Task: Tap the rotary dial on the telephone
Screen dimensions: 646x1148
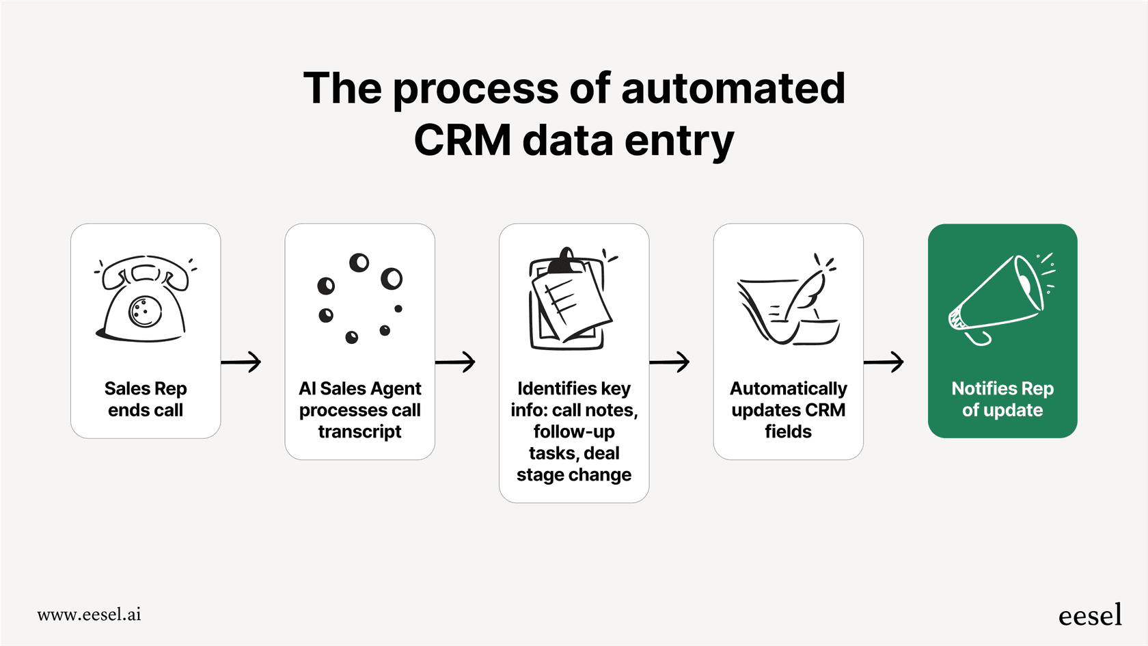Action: point(145,312)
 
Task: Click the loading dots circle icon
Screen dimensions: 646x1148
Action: point(359,298)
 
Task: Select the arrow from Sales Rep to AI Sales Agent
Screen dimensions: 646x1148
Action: point(241,362)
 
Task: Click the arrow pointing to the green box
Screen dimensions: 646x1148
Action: point(884,362)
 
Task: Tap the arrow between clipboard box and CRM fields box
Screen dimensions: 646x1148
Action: point(670,362)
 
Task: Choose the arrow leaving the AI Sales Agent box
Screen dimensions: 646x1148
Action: point(455,362)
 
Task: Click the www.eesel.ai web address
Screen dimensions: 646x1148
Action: point(89,615)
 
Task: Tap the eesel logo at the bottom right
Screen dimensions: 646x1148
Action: point(1090,616)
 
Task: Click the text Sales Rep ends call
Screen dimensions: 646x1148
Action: point(146,399)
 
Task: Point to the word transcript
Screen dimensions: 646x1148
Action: point(359,432)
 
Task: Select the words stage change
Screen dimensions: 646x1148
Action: point(574,475)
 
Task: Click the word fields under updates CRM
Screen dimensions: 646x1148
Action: point(788,432)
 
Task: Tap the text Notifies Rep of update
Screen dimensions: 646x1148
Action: point(1002,399)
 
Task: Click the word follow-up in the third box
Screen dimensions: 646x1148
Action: point(574,432)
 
